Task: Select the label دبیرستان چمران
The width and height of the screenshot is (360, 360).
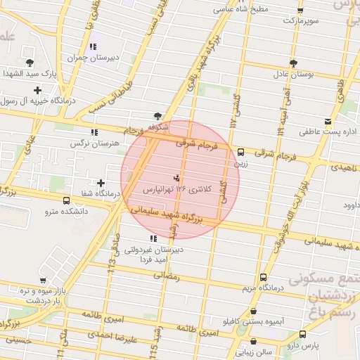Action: coord(94,58)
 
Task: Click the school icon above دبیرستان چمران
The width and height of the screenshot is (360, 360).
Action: coord(94,46)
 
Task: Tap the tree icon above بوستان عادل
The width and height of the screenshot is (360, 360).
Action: coord(303,62)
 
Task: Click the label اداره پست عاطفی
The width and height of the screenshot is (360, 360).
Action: coord(330,131)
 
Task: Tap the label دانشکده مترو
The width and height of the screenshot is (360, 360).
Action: coord(66,210)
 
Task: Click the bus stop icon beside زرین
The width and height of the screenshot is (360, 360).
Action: coord(241,151)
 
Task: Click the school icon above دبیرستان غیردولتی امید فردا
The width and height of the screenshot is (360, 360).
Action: coord(154,238)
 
